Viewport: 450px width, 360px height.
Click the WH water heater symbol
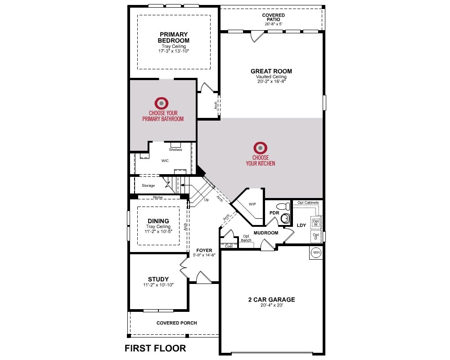tap(316, 252)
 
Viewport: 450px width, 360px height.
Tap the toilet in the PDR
tap(283, 206)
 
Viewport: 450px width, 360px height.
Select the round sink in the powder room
tap(285, 218)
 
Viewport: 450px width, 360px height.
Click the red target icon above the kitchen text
tap(260, 148)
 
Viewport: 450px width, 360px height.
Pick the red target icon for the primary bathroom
tap(162, 103)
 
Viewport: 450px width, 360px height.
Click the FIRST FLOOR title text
tap(155, 348)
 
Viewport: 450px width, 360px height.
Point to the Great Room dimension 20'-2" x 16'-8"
tap(271, 81)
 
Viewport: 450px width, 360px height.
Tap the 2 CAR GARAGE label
tap(271, 299)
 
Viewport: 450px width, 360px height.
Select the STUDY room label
tap(158, 279)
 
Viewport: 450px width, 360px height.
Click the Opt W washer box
tap(316, 223)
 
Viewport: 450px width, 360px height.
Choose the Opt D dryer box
tap(316, 236)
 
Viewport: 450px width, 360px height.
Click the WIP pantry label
tap(252, 204)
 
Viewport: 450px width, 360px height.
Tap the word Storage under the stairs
tap(148, 185)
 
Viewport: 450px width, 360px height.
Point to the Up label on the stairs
tap(207, 200)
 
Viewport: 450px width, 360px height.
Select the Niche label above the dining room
tap(158, 197)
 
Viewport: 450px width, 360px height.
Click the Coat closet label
tap(229, 246)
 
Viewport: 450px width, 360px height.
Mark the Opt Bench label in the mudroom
tap(246, 238)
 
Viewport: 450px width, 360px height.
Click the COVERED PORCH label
tap(177, 323)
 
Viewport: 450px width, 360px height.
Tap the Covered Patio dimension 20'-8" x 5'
tap(274, 24)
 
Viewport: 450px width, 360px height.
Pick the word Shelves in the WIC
tap(175, 149)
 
